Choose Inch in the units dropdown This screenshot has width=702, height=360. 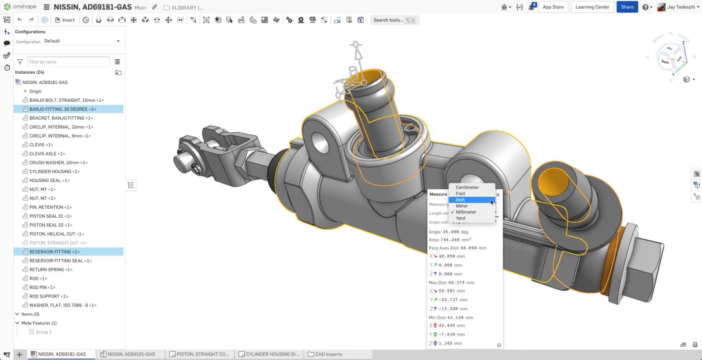(x=460, y=200)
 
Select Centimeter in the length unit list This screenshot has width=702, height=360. (x=467, y=187)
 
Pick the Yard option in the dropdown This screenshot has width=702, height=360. (x=460, y=218)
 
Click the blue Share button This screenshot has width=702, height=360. (x=627, y=7)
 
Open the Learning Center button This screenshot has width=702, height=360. (x=592, y=7)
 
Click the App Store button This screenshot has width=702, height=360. (x=553, y=7)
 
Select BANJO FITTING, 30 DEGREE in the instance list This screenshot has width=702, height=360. (x=62, y=109)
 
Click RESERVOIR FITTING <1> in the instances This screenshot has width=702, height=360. (x=54, y=252)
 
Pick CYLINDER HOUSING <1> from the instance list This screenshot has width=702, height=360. (x=54, y=172)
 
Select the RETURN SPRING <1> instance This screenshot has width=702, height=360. (x=50, y=270)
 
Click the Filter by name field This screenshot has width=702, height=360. (x=68, y=62)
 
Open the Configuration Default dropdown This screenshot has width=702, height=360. (x=82, y=41)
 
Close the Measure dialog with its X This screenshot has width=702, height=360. (x=498, y=194)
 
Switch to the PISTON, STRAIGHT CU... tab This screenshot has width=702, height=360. (x=199, y=354)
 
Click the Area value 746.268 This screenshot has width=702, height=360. (x=450, y=240)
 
